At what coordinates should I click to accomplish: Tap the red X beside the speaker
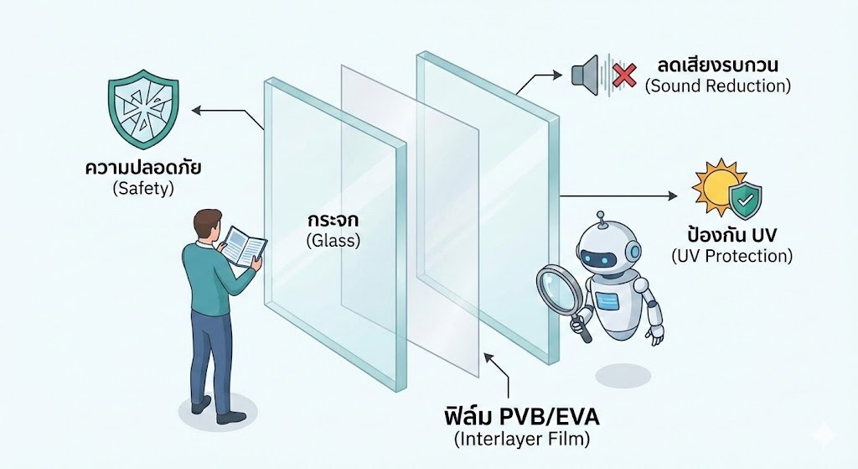[x=624, y=76]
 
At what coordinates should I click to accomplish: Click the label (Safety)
[x=142, y=189]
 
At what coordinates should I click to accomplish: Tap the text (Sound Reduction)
[x=718, y=86]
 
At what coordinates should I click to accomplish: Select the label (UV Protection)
[x=731, y=256]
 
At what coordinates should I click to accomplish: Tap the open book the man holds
[x=244, y=246]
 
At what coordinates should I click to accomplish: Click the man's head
[x=207, y=224]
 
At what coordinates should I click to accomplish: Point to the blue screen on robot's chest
[x=609, y=300]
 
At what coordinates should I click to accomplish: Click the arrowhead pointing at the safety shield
[x=195, y=109]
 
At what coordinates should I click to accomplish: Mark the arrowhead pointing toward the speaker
[x=561, y=75]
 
